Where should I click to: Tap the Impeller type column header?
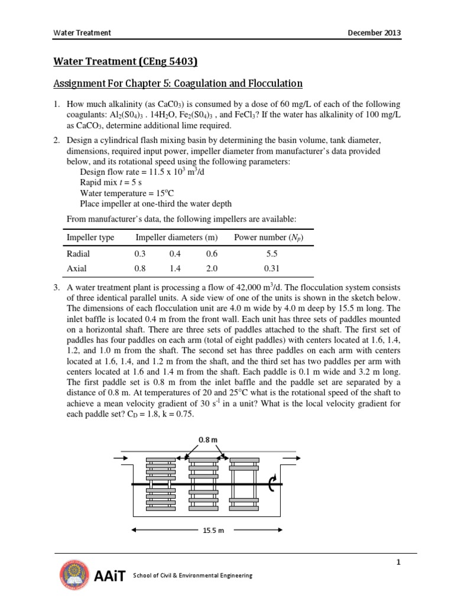90,238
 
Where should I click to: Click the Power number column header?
269,238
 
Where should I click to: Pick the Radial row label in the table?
79,253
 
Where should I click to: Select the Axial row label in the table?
77,268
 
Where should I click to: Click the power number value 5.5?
271,253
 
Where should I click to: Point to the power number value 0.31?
271,268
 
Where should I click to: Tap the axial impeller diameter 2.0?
211,268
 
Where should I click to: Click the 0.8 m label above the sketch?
204,440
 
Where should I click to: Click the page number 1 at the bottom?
398,562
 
